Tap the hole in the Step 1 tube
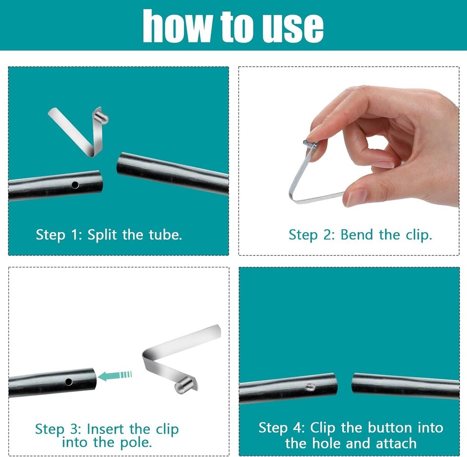pos(74,185)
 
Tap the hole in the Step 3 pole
pos(69,382)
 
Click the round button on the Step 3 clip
pos(182,387)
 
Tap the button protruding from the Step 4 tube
pos(309,387)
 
